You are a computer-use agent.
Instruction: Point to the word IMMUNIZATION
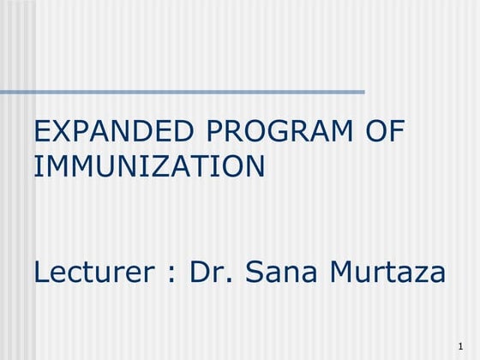pyautogui.click(x=148, y=165)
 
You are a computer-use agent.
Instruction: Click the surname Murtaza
pyautogui.click(x=389, y=273)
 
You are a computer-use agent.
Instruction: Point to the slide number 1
pyautogui.click(x=460, y=345)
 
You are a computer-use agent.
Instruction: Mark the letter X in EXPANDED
pyautogui.click(x=60, y=133)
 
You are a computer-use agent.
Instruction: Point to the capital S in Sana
pyautogui.click(x=255, y=273)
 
